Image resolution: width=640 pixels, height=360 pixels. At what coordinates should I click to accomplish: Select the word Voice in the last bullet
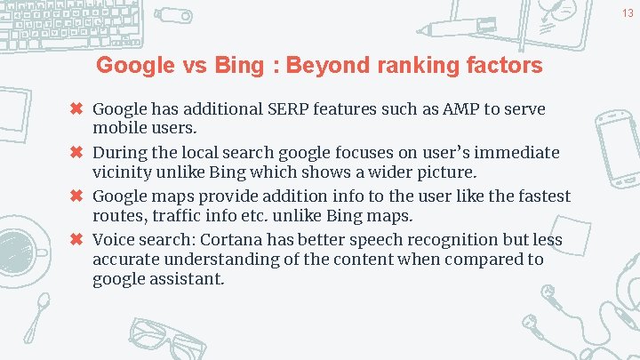pyautogui.click(x=114, y=239)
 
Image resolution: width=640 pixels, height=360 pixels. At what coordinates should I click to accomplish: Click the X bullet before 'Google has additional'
pyautogui.click(x=77, y=109)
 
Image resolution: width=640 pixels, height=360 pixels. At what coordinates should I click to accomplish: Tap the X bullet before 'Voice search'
pyautogui.click(x=77, y=239)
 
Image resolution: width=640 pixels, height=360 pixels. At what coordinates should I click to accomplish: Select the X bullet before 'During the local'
pyautogui.click(x=77, y=153)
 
